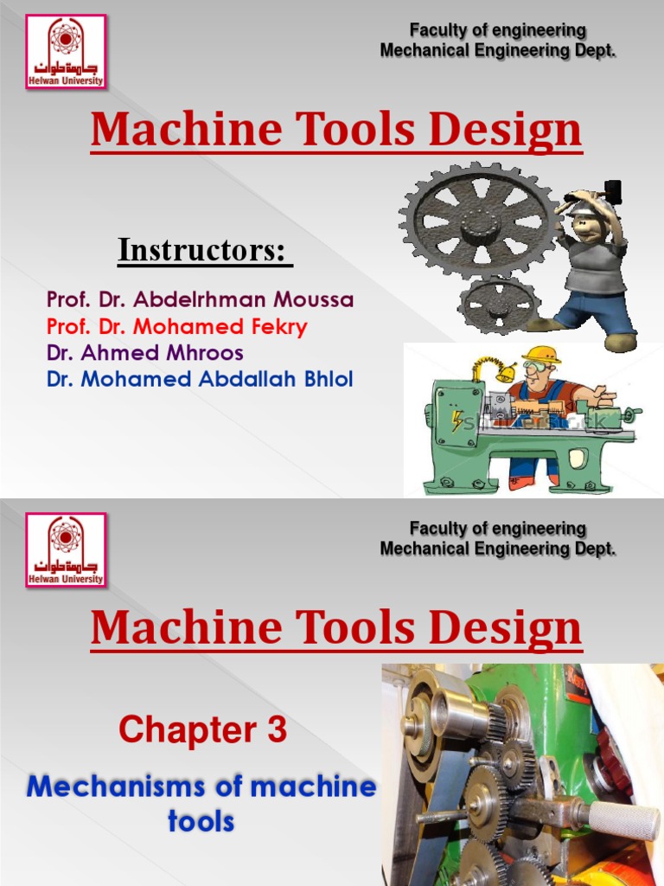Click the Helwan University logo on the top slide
(x=66, y=51)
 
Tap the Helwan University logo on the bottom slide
(x=66, y=549)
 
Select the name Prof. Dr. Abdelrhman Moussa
(x=200, y=300)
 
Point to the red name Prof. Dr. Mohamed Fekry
(x=176, y=327)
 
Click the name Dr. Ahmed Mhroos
(x=144, y=353)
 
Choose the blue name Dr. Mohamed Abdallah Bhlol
(x=199, y=379)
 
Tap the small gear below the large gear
(x=499, y=305)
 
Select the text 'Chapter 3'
(x=202, y=731)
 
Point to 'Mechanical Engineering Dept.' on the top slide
(x=498, y=51)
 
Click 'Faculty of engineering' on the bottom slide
(x=497, y=529)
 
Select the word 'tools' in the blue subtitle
(x=201, y=821)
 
